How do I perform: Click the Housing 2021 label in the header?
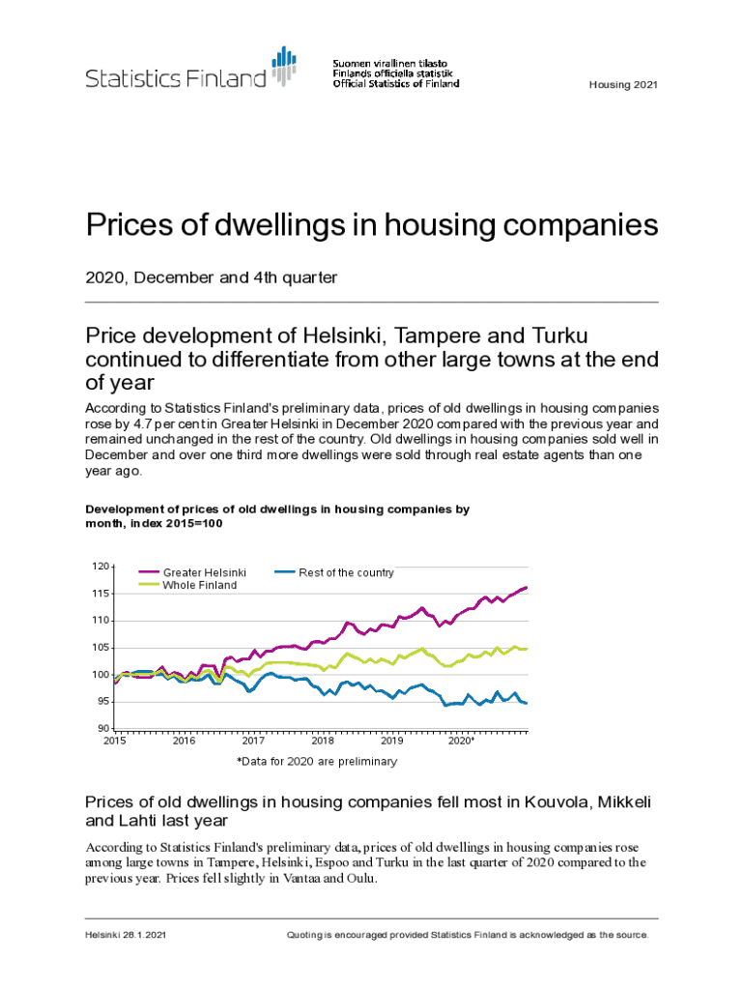pos(623,85)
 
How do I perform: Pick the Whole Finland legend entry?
pos(199,585)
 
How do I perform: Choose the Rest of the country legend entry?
pos(346,572)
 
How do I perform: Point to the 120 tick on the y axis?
pos(100,566)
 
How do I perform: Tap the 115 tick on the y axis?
pos(100,593)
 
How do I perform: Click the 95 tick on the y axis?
pos(101,701)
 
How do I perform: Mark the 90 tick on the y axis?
pos(101,728)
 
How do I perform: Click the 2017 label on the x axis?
pos(253,742)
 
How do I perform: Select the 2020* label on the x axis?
pos(462,742)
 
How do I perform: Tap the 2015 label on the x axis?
pos(114,742)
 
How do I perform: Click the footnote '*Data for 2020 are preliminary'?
pos(317,762)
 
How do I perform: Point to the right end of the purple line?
pos(526,587)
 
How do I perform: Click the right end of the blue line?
pos(526,703)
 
